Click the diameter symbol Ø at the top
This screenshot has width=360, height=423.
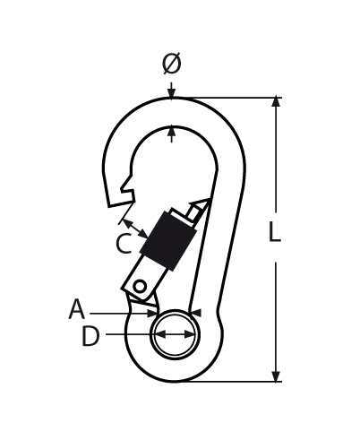172,64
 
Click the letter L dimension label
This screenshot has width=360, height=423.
275,231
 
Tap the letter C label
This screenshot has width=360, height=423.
124,244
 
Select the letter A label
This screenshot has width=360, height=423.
77,309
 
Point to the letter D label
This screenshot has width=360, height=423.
90,336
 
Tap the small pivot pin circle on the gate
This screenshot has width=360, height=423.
140,287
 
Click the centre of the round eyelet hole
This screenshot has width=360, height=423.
175,334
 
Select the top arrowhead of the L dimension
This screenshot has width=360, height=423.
277,101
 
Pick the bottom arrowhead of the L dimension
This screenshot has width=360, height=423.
277,376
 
